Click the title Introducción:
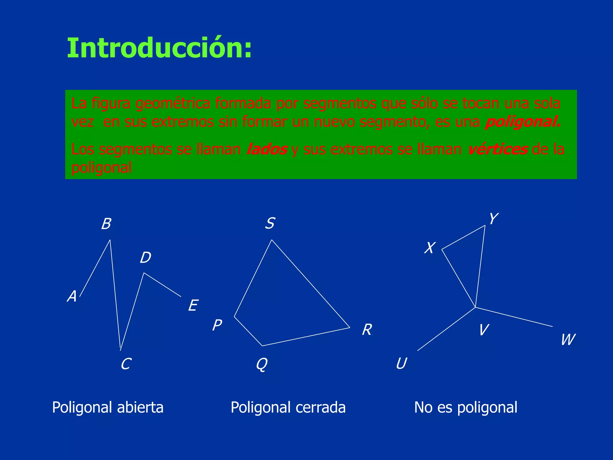(x=159, y=49)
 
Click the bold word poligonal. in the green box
(x=523, y=122)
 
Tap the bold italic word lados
(x=267, y=149)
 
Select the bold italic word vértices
(x=497, y=149)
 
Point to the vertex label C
(x=126, y=364)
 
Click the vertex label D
(x=145, y=258)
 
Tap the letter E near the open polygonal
(x=193, y=306)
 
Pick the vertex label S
(x=270, y=223)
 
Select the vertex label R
(x=367, y=330)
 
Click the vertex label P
(x=217, y=325)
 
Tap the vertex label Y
(x=494, y=219)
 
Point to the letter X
(x=430, y=248)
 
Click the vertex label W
(x=568, y=340)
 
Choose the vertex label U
(x=401, y=364)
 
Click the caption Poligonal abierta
(x=108, y=408)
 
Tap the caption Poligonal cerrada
(x=288, y=408)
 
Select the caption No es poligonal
(x=466, y=408)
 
